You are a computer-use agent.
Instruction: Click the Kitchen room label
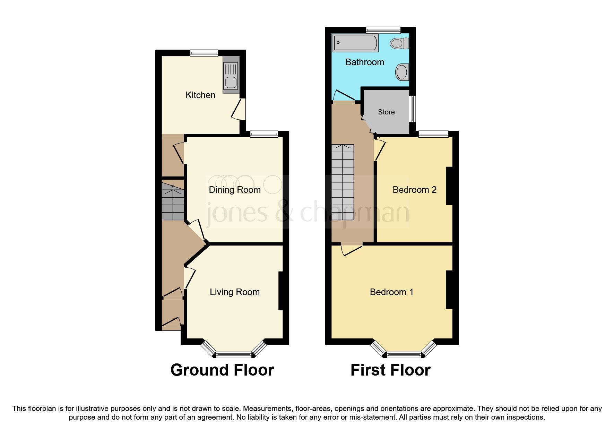[200, 95]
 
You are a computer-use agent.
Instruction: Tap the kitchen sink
[231, 76]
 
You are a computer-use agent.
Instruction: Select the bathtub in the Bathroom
[355, 43]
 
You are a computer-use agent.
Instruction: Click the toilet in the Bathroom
[400, 44]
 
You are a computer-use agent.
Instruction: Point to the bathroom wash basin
[402, 72]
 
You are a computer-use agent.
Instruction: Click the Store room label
[386, 112]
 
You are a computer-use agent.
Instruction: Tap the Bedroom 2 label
[414, 190]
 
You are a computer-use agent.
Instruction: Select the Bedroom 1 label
[391, 292]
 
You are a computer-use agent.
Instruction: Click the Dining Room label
[235, 190]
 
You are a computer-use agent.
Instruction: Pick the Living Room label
[235, 292]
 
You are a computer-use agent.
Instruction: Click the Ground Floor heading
[222, 370]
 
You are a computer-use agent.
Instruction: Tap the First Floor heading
[390, 370]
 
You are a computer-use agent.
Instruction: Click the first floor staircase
[343, 182]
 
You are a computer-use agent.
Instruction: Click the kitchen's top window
[204, 53]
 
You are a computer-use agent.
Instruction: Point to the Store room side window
[412, 109]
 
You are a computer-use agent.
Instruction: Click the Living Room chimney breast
[281, 291]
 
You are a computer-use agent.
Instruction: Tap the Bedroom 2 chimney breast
[449, 186]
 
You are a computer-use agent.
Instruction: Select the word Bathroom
[365, 62]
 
